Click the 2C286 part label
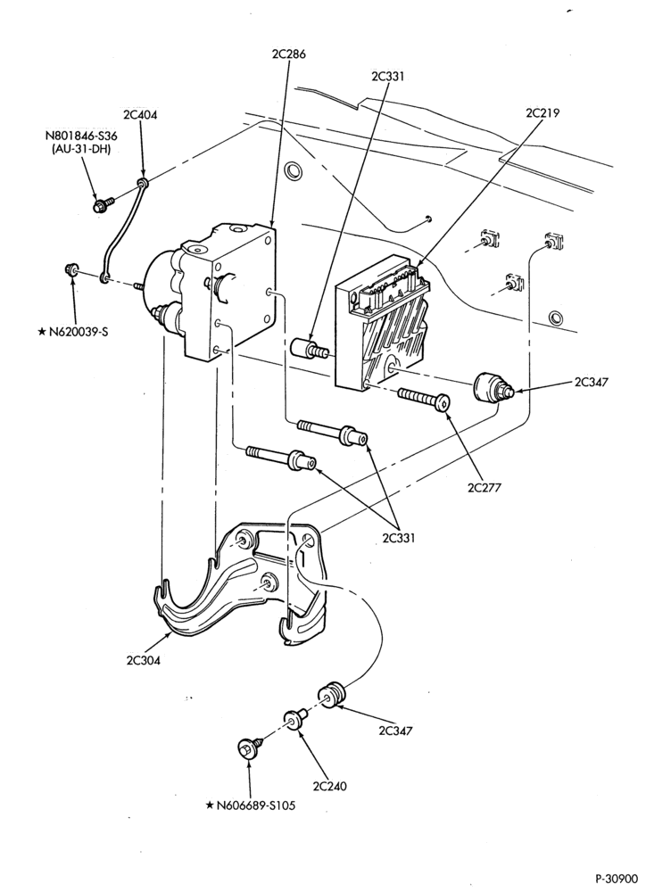click(287, 54)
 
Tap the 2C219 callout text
click(542, 112)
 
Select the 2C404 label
click(140, 115)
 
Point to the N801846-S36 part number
click(78, 136)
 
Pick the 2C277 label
click(484, 487)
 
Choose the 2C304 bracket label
click(143, 660)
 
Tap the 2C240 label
click(329, 786)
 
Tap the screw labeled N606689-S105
click(249, 747)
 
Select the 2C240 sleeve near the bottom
click(296, 716)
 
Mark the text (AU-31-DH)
click(78, 149)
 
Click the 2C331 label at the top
click(387, 76)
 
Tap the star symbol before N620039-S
click(42, 332)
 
